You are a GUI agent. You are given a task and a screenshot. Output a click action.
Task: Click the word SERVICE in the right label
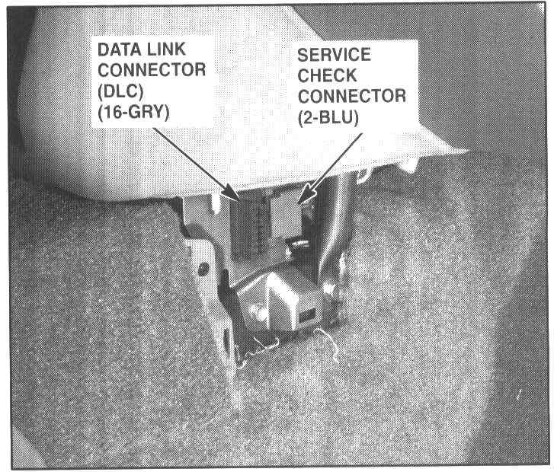[335, 56]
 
